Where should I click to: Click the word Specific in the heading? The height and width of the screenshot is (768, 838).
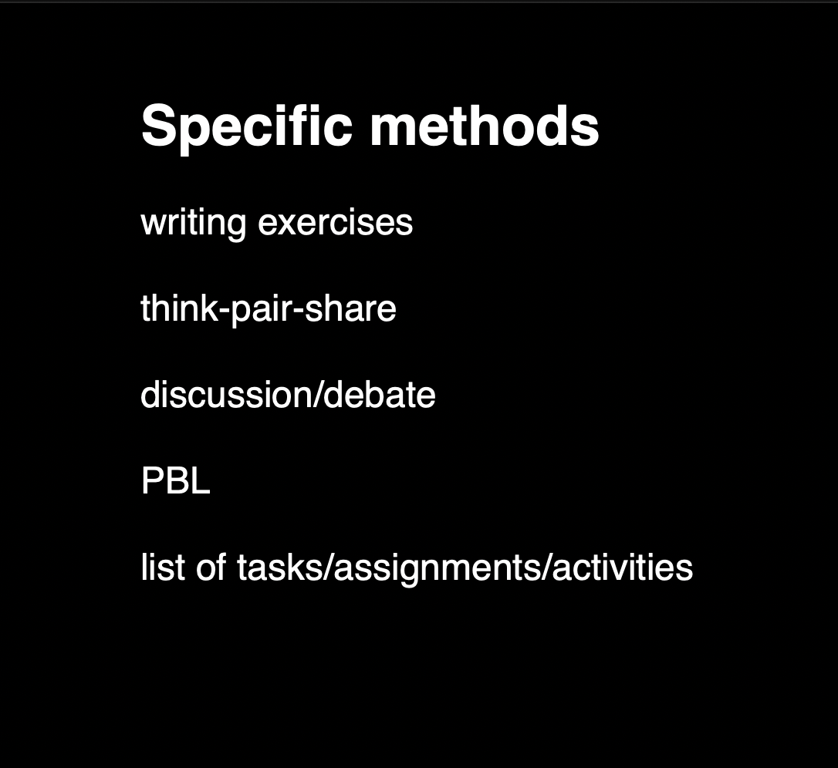(x=247, y=128)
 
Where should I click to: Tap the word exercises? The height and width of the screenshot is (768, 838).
(x=335, y=222)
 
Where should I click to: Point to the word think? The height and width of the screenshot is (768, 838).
(x=180, y=308)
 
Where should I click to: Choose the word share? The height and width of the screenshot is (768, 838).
(x=350, y=308)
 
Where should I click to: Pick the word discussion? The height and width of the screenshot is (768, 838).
(x=228, y=394)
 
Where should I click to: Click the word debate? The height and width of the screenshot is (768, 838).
(x=380, y=394)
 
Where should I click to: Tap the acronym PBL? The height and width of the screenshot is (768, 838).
(x=175, y=480)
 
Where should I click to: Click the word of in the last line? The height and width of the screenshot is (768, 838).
(x=211, y=567)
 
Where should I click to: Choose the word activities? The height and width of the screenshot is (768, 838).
(x=623, y=567)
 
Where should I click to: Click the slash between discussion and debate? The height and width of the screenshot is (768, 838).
(x=319, y=394)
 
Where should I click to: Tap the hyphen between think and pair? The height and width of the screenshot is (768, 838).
(x=225, y=312)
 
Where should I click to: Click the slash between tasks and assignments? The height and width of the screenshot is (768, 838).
(x=329, y=567)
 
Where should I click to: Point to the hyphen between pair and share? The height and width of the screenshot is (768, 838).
(x=298, y=312)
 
